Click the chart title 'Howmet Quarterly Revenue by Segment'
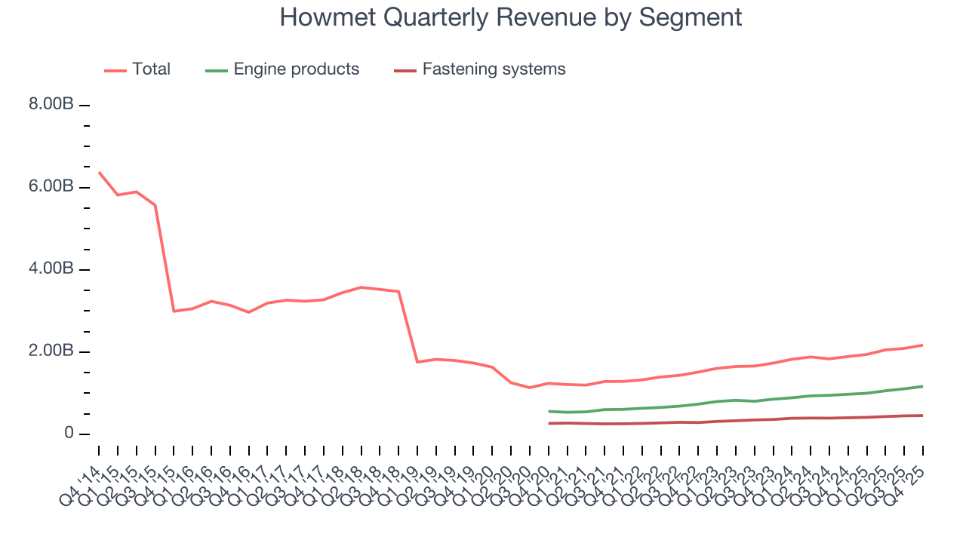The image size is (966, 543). coord(511,17)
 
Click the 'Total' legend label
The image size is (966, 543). coord(151,69)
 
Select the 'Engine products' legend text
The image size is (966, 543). coord(296,69)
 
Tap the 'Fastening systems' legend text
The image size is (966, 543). coord(494,69)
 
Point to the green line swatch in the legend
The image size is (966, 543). coord(217,71)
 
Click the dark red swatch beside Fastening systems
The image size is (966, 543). coord(405,71)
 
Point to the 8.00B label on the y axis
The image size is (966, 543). coord(51,105)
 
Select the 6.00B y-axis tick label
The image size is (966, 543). coord(51,187)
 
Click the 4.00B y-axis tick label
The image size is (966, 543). coord(51,269)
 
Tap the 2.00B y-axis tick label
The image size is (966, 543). coord(51,351)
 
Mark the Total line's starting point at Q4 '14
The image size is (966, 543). coord(99,172)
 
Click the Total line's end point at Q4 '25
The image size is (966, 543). coord(922,345)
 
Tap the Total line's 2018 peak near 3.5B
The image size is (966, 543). coord(361,287)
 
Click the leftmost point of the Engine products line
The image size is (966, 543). coord(549,411)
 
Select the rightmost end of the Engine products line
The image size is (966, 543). coord(922,386)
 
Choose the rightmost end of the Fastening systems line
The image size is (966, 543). coord(922,416)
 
